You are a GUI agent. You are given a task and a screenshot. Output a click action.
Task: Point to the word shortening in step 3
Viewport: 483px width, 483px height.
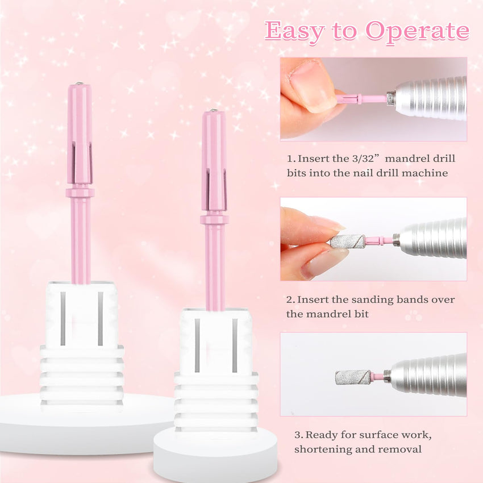tap(323, 449)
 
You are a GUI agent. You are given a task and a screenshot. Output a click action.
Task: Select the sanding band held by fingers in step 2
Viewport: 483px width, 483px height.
tap(347, 241)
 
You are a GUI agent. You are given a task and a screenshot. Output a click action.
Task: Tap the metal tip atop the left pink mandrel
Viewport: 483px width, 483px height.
tap(79, 83)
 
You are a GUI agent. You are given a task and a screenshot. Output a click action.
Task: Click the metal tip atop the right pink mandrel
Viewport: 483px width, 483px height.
tap(213, 110)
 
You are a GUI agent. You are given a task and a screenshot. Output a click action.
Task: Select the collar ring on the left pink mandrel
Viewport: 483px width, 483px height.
tap(80, 193)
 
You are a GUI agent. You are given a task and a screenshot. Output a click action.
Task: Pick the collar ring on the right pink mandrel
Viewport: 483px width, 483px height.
tap(214, 220)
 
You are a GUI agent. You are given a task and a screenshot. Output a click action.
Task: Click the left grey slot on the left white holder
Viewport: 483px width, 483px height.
tap(63, 319)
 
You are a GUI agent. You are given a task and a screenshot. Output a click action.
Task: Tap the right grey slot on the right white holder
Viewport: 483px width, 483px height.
tap(235, 345)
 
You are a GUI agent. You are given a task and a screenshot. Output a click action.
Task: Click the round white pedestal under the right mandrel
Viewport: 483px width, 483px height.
tap(215, 455)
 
